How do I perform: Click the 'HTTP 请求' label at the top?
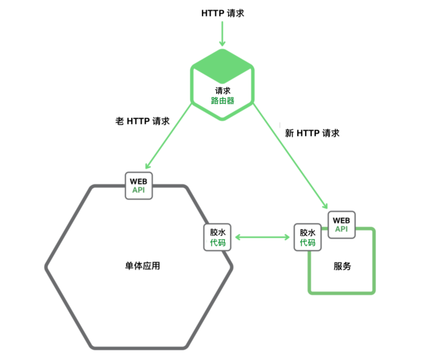[223, 13]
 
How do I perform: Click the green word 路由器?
[223, 100]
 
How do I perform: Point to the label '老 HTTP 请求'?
[142, 122]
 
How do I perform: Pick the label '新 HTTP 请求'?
[312, 133]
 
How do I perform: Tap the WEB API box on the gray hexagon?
[139, 186]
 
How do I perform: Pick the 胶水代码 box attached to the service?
[307, 237]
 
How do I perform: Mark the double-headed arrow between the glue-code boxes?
[263, 237]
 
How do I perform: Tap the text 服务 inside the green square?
[342, 266]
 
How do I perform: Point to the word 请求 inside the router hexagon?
[223, 90]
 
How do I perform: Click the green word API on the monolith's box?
[139, 190]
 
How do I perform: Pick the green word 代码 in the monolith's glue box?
[218, 243]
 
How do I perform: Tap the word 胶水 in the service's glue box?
[307, 232]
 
